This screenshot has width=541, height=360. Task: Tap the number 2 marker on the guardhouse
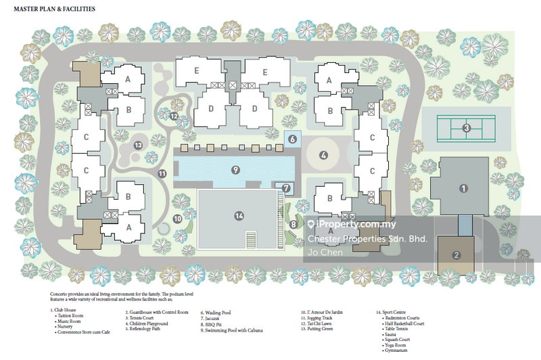tap(456, 255)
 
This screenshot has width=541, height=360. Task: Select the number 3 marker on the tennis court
tap(466, 128)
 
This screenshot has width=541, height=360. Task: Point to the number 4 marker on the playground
tap(323, 155)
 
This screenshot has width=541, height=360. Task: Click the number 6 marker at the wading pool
tap(293, 139)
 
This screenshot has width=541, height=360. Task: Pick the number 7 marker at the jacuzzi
tap(286, 188)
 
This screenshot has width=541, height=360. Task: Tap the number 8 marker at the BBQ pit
tap(293, 224)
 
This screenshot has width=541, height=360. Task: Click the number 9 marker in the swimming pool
tap(235, 169)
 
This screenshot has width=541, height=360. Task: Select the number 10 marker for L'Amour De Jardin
tap(177, 219)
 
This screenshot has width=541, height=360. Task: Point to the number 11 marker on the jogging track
tap(162, 174)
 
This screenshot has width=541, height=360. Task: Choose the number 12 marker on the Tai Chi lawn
tap(174, 116)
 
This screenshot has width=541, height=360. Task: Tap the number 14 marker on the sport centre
tap(238, 216)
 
